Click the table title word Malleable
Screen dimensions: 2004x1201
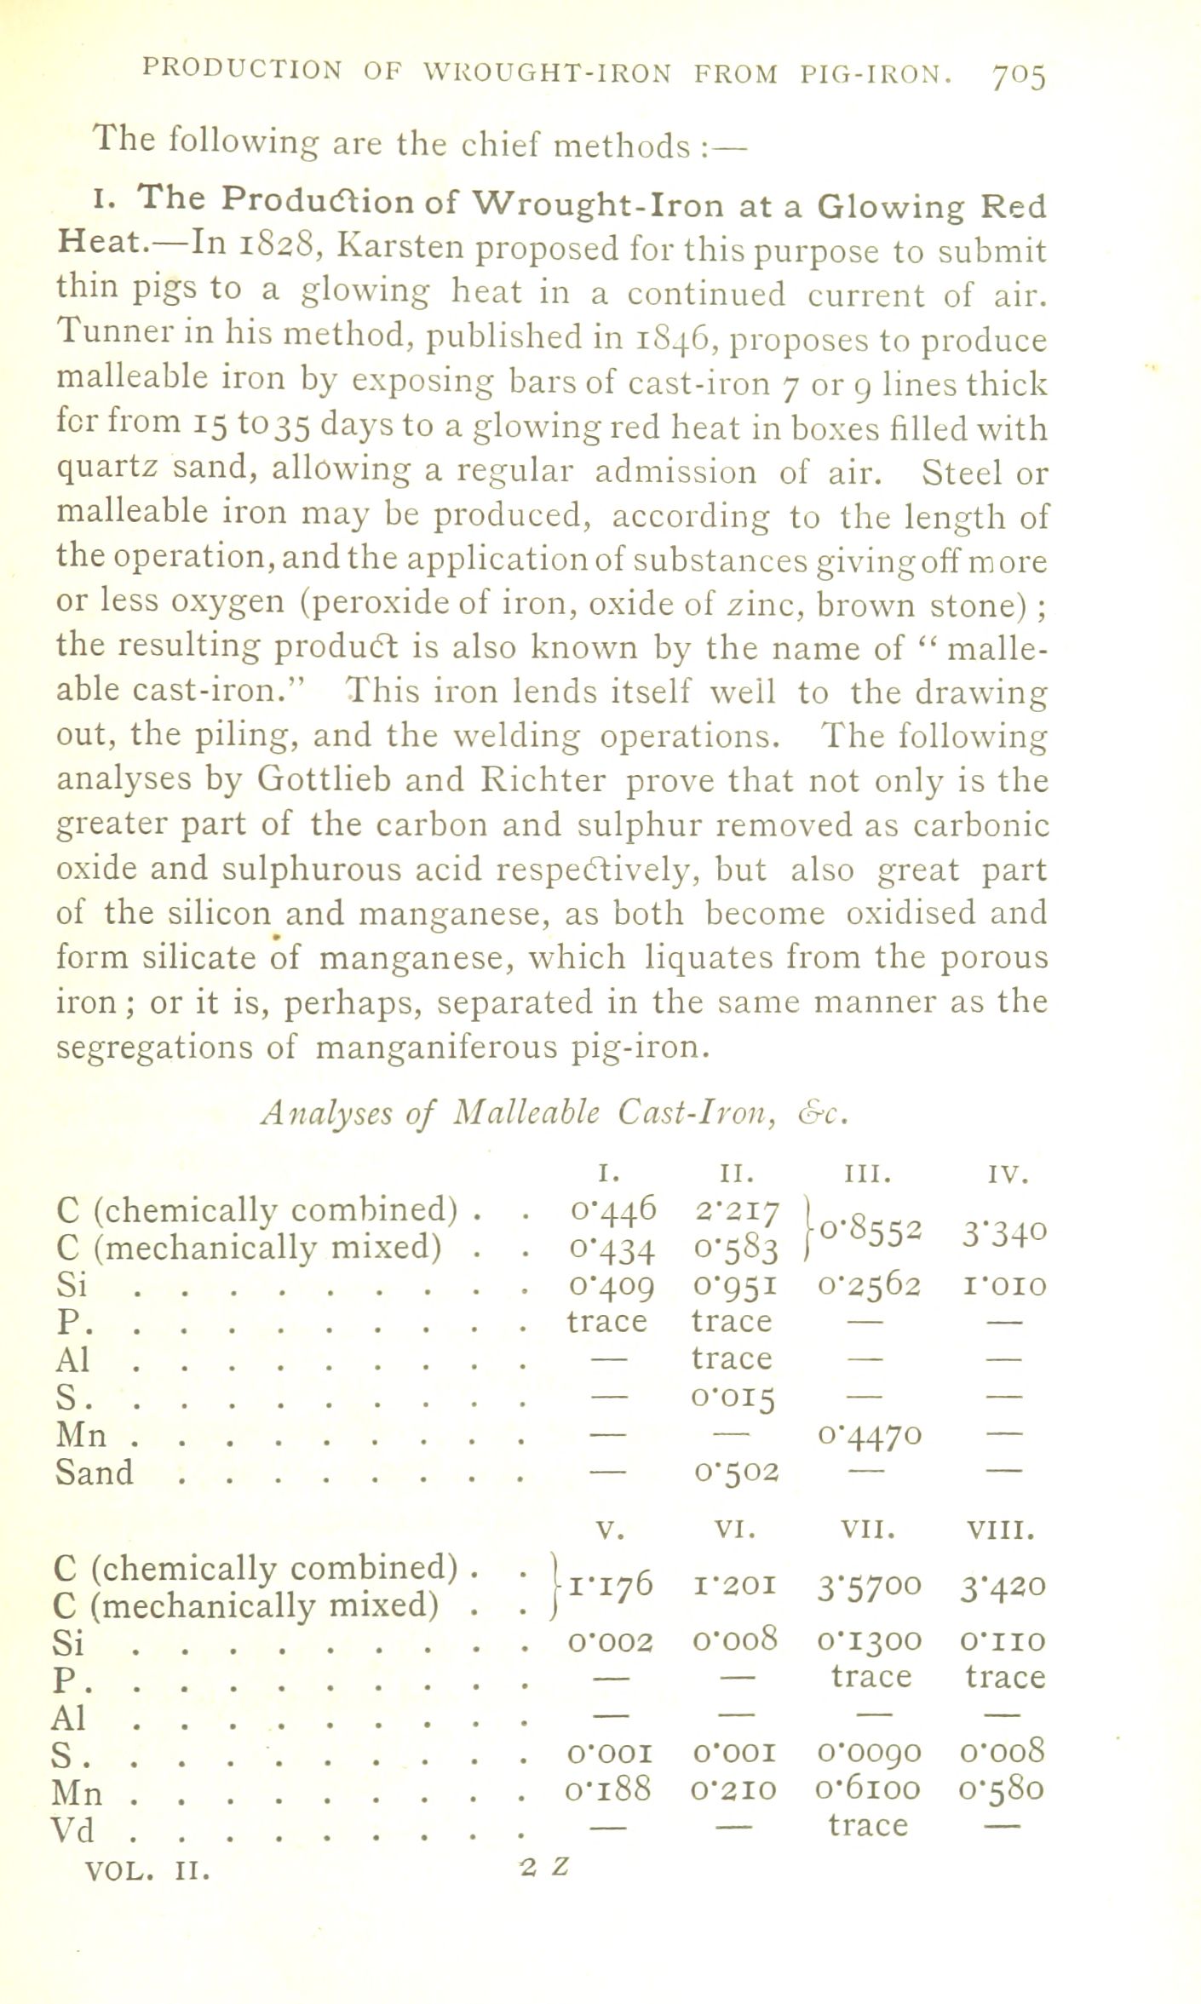pos(527,1111)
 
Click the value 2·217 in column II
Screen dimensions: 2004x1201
pos(734,1210)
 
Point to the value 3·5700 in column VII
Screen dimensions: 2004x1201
pos(868,1586)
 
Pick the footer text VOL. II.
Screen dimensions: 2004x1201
pos(147,1871)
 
